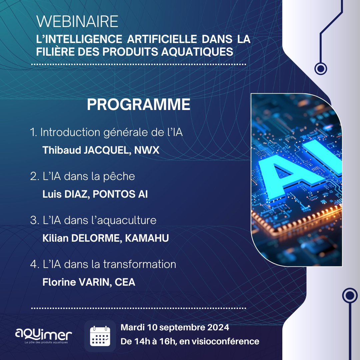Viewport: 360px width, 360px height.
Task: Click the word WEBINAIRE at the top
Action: tap(77, 22)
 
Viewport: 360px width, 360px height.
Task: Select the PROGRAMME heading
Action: tap(139, 105)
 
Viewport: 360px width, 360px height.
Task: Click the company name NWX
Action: tap(147, 150)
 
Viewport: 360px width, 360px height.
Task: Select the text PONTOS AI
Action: tap(120, 194)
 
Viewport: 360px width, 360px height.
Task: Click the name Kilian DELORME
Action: tap(81, 238)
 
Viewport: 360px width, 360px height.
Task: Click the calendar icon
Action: tap(100, 336)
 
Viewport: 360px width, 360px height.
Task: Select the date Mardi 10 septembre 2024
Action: tap(175, 327)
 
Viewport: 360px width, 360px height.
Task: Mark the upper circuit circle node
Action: tap(321, 69)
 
